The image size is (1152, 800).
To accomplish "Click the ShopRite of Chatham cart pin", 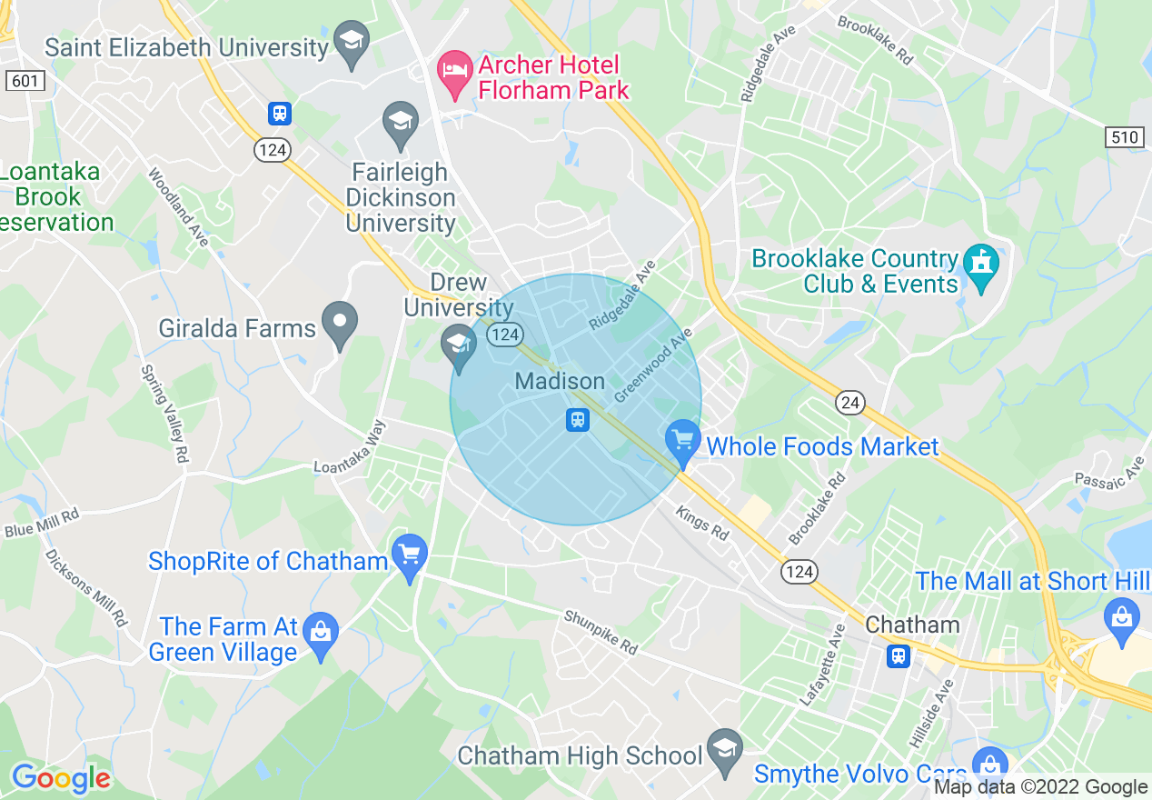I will click(x=410, y=555).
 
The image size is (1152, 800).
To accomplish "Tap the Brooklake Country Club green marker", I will click(x=981, y=265).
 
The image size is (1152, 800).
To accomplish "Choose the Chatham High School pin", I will click(x=725, y=750).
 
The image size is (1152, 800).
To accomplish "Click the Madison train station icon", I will click(x=578, y=420).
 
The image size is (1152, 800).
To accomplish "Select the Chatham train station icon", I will click(x=899, y=655).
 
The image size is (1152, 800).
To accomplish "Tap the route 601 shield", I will click(x=25, y=81).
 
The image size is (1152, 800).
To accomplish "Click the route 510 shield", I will click(x=1124, y=137).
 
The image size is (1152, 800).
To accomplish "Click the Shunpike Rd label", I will click(x=601, y=632).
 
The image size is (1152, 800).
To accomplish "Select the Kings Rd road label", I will click(x=701, y=524).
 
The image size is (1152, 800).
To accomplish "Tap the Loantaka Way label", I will click(x=351, y=446).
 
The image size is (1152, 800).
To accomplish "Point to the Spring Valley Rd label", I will click(x=164, y=415).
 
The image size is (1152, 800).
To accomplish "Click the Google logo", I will click(x=61, y=778).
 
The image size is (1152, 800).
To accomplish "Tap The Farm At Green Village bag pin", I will click(x=320, y=629).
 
